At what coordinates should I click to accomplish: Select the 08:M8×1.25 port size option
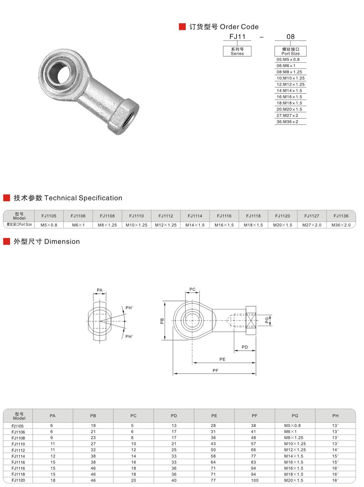point(289,72)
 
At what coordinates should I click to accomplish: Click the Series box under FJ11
point(237,51)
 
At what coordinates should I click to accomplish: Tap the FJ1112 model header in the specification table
point(166,216)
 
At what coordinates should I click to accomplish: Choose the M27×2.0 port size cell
point(312,225)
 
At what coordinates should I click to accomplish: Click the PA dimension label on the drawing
point(100,290)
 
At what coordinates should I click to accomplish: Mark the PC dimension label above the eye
point(193,289)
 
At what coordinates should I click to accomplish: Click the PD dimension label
point(245,347)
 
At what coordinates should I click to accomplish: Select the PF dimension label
point(215,371)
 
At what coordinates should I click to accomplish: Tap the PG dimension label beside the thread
point(267,321)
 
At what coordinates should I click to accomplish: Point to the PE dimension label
point(222,359)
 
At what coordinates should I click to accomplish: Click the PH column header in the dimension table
point(335,415)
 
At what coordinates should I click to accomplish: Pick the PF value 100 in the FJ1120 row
point(254,480)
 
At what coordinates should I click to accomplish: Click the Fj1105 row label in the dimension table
point(18,426)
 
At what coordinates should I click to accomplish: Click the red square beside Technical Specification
point(6,198)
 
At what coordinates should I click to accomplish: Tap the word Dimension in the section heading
point(62,241)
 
